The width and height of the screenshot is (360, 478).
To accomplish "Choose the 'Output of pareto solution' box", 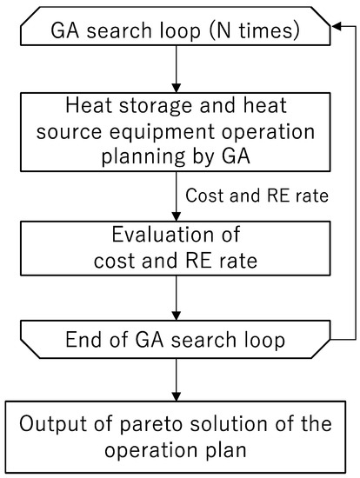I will [176, 436].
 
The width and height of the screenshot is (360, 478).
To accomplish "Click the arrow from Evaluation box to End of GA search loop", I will [176, 300].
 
